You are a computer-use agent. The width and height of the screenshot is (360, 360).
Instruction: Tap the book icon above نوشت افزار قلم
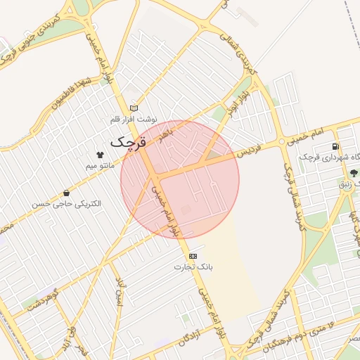pos(134,108)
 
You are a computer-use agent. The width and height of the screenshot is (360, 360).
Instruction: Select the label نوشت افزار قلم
pos(134,120)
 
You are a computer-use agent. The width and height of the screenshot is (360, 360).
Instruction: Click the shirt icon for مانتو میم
pos(99,154)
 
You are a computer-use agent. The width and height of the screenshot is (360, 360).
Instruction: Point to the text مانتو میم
pos(99,166)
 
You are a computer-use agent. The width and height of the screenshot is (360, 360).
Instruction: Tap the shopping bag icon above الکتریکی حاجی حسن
pos(66,192)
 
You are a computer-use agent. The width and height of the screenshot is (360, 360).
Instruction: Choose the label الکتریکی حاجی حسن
pos(66,204)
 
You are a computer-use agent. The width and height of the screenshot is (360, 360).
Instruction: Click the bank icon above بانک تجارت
pos(193,256)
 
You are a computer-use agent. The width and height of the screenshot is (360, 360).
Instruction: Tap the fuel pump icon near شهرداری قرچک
pos(335,146)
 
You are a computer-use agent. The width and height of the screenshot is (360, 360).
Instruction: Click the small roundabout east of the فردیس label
pos(282,141)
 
